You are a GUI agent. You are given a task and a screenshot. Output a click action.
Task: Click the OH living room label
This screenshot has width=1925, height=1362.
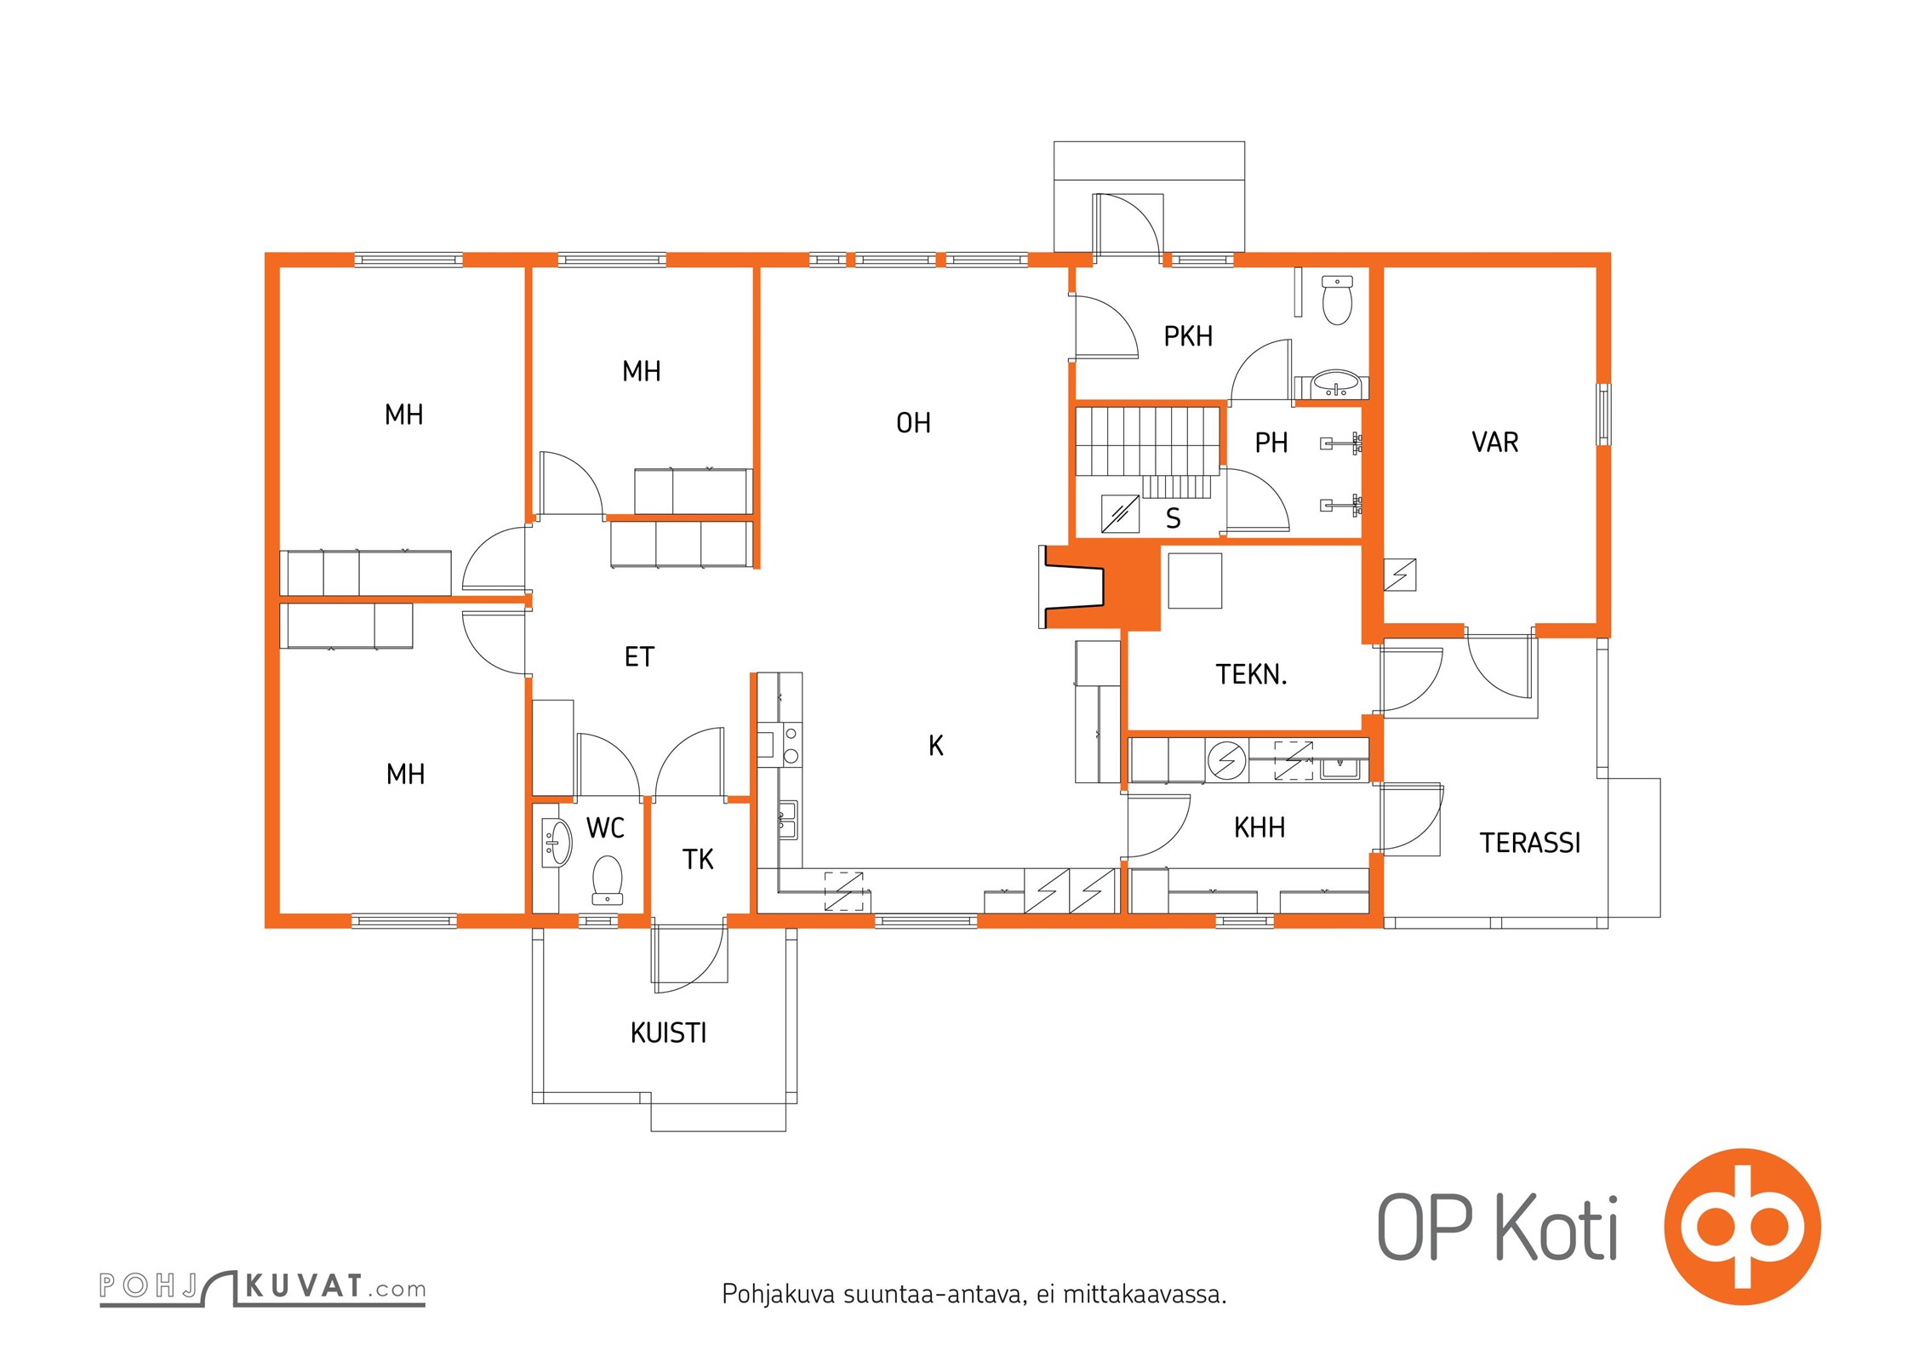pyautogui.click(x=913, y=423)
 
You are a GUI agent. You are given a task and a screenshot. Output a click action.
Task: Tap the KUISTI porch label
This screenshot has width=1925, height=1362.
pyautogui.click(x=668, y=1033)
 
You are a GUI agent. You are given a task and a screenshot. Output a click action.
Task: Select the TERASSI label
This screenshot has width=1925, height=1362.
pyautogui.click(x=1529, y=843)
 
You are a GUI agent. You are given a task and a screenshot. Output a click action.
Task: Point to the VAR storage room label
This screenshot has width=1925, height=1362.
pyautogui.click(x=1494, y=442)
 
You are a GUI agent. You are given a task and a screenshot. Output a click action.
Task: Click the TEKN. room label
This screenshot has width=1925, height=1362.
pyautogui.click(x=1251, y=674)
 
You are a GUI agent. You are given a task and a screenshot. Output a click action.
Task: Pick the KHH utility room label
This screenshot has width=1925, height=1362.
pyautogui.click(x=1260, y=827)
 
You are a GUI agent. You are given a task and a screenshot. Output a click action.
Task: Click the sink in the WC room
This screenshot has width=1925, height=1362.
pyautogui.click(x=556, y=842)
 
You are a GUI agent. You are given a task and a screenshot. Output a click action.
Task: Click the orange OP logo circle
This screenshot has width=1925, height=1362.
pyautogui.click(x=1742, y=1226)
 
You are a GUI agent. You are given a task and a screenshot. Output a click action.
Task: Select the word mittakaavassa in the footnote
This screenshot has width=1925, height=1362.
pyautogui.click(x=1145, y=1295)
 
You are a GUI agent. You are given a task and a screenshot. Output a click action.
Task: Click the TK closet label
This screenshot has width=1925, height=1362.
pyautogui.click(x=698, y=860)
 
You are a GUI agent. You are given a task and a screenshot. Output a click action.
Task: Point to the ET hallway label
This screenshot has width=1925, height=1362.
pyautogui.click(x=639, y=657)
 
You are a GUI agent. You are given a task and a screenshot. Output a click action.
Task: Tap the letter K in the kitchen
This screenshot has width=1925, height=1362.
pyautogui.click(x=936, y=746)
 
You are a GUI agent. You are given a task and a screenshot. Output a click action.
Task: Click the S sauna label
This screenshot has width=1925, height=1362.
pyautogui.click(x=1173, y=518)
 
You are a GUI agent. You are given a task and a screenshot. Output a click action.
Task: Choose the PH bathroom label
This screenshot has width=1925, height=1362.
pyautogui.click(x=1271, y=443)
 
